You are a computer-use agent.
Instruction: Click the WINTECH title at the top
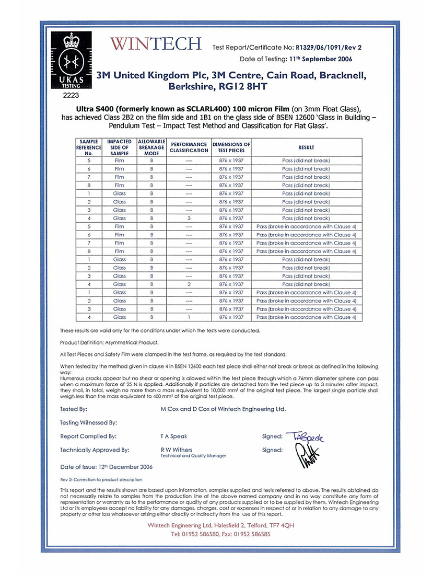pos(156,44)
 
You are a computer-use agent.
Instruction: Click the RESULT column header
pos(306,147)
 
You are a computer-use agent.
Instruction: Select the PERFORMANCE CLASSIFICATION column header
pos(189,147)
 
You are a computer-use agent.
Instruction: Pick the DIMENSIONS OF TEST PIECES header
pos(231,147)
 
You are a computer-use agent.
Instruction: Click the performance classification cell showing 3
pos(189,218)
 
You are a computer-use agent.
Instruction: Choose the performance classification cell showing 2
pos(189,284)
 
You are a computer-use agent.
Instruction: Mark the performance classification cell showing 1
pos(189,317)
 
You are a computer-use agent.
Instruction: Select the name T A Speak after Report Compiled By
pos(174,436)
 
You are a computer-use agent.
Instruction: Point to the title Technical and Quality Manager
pos(193,456)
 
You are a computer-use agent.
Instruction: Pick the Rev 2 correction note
pos(101,479)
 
